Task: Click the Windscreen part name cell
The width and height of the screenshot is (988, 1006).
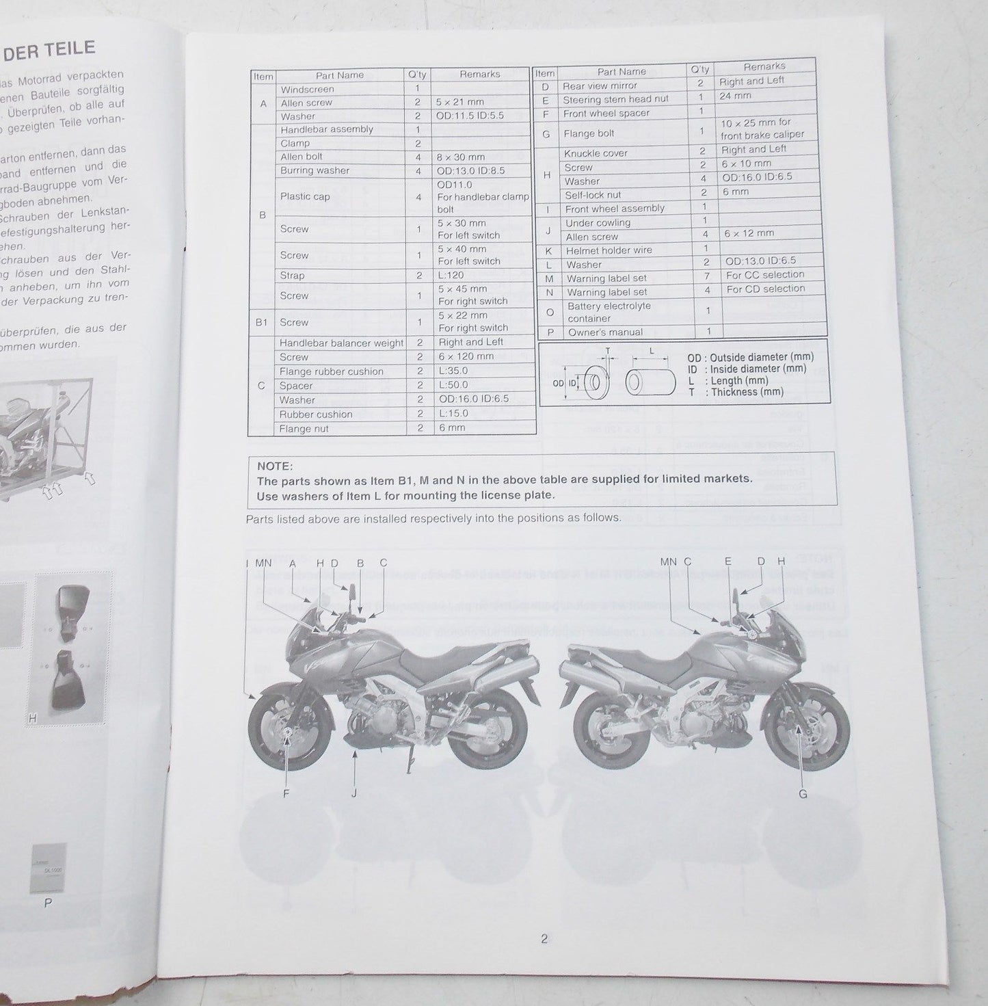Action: [x=307, y=90]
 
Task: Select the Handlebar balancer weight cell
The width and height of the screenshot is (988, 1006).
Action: [x=341, y=343]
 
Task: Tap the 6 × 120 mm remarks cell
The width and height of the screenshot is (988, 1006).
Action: [x=466, y=356]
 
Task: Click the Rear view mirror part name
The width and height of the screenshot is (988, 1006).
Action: [x=599, y=86]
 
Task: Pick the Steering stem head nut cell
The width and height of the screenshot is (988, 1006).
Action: [x=615, y=100]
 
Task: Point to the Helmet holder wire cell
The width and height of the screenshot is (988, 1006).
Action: [x=609, y=250]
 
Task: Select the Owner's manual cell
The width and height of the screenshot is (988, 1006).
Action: [x=605, y=332]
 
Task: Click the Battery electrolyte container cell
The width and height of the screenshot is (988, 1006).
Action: [x=609, y=312]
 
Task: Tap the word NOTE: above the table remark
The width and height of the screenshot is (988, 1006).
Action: [x=275, y=466]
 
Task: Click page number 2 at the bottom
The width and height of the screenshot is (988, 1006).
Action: [x=544, y=939]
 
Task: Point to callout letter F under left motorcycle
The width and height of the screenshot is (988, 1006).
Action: [x=286, y=793]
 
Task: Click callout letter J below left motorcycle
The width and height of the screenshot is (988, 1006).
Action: [x=354, y=793]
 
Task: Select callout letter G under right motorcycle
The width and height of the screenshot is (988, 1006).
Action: [x=803, y=794]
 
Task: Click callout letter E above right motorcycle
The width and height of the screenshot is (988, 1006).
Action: [x=728, y=561]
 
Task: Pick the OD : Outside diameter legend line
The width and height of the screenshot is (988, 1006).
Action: [x=750, y=358]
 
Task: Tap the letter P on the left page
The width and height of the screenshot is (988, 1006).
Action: [x=48, y=903]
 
